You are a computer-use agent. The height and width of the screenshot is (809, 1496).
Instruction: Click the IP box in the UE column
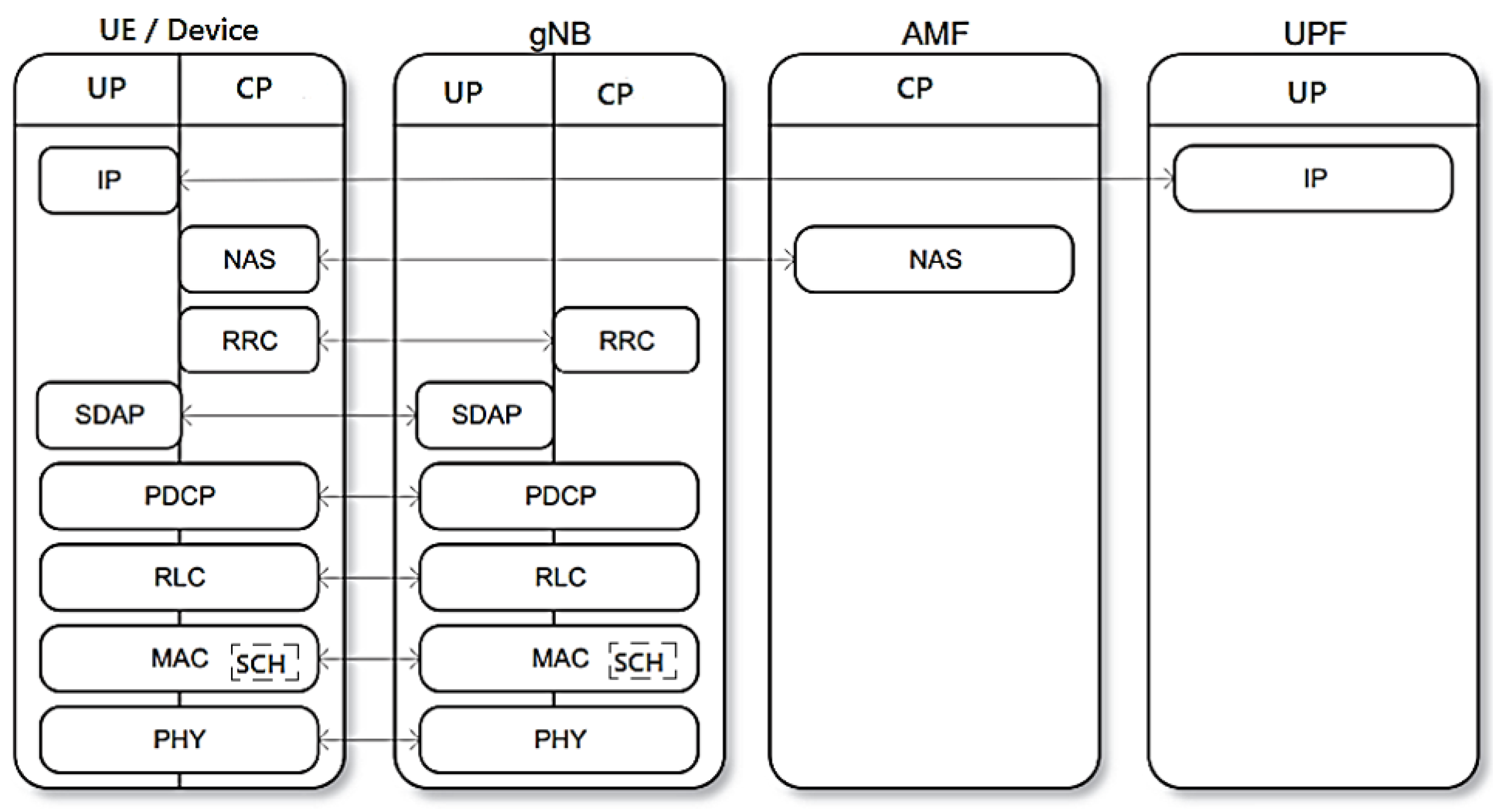click(108, 180)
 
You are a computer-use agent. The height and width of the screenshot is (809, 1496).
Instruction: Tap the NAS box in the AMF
click(934, 259)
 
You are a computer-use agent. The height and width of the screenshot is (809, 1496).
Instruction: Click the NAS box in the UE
click(249, 259)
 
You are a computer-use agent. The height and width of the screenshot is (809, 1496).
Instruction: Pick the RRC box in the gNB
click(626, 340)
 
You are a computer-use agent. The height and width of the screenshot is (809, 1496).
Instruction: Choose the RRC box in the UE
click(249, 340)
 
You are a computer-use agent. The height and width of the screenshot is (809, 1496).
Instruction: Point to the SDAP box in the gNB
click(486, 415)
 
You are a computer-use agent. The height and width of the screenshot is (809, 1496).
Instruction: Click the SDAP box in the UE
click(109, 415)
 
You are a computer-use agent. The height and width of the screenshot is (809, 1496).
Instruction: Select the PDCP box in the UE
click(180, 496)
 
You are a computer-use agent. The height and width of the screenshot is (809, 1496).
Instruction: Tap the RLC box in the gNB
click(559, 578)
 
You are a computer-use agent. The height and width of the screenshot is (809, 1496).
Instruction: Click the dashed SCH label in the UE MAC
click(265, 662)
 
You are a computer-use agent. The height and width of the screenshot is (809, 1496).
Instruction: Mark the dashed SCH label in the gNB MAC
click(642, 661)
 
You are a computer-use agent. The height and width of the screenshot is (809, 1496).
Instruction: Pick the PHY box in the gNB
click(559, 739)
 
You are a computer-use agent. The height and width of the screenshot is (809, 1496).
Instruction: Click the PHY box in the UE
click(180, 739)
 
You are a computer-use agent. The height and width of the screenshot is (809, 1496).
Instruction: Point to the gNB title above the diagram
click(559, 33)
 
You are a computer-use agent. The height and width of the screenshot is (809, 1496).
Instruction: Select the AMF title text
click(934, 33)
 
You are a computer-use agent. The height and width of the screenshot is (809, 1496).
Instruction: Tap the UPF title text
click(1314, 33)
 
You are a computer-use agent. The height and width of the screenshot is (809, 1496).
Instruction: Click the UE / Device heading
click(179, 30)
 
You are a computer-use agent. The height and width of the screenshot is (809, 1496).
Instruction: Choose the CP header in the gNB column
click(615, 94)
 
